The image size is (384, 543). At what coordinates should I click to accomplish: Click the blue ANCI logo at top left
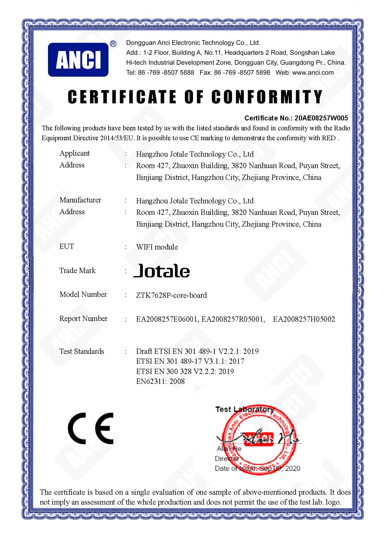pyautogui.click(x=78, y=59)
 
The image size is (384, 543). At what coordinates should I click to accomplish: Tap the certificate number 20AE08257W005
pyautogui.click(x=321, y=118)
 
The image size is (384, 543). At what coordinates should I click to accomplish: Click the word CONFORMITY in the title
pyautogui.click(x=267, y=97)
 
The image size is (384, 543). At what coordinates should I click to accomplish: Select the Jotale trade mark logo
pyautogui.click(x=162, y=271)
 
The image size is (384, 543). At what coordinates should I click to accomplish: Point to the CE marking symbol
pyautogui.click(x=91, y=428)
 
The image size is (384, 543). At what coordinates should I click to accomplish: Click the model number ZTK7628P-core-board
pyautogui.click(x=171, y=295)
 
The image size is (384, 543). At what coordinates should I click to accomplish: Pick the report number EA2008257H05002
pyautogui.click(x=304, y=319)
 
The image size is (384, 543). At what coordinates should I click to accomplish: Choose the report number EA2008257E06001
pyautogui.click(x=167, y=319)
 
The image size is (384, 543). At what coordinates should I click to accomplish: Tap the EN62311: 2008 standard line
pyautogui.click(x=160, y=381)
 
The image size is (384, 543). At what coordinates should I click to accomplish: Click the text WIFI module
pyautogui.click(x=157, y=247)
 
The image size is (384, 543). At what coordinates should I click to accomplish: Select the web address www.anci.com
pyautogui.click(x=313, y=73)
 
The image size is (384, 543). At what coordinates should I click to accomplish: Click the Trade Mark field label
pyautogui.click(x=77, y=271)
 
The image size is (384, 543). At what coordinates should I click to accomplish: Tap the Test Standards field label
pyautogui.click(x=82, y=351)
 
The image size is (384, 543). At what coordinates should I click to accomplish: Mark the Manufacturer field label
pyautogui.click(x=80, y=200)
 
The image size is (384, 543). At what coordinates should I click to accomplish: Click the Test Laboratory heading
pyautogui.click(x=244, y=409)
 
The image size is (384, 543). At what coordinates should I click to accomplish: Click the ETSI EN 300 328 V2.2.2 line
pyautogui.click(x=185, y=371)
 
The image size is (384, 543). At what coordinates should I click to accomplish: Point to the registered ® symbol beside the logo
pyautogui.click(x=113, y=44)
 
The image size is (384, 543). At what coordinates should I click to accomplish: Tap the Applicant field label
pyautogui.click(x=75, y=153)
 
